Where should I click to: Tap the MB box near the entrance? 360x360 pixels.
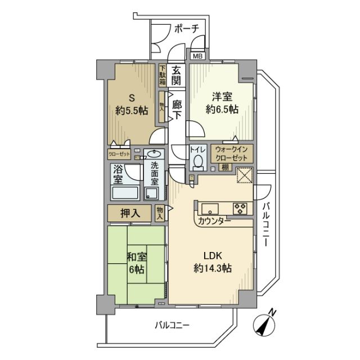pyautogui.click(x=197, y=56)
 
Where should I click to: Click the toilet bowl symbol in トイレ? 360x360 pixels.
pyautogui.click(x=197, y=162)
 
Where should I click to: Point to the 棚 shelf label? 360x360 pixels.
pyautogui.click(x=224, y=166)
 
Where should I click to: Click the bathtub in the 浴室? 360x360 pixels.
pyautogui.click(x=125, y=193)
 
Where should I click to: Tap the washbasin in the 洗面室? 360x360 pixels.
pyautogui.click(x=155, y=154)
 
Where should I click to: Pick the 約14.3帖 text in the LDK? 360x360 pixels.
pyautogui.click(x=212, y=268)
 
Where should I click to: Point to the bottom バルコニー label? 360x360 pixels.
pyautogui.click(x=172, y=325)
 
